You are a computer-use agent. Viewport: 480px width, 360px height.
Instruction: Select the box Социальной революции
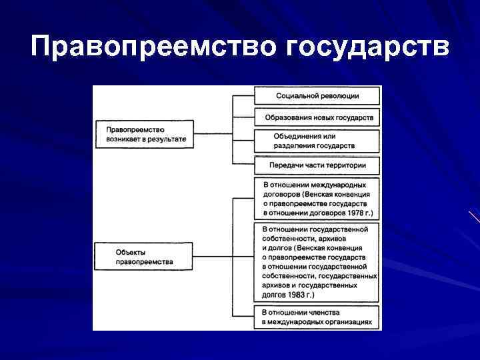pyautogui.click(x=317, y=95)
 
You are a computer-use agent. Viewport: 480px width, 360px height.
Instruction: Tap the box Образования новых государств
pyautogui.click(x=317, y=118)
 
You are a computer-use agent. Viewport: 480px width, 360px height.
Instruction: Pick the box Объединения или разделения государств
pyautogui.click(x=317, y=141)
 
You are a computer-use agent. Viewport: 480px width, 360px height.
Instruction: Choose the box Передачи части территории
pyautogui.click(x=317, y=164)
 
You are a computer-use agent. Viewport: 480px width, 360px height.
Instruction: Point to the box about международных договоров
pyautogui.click(x=317, y=199)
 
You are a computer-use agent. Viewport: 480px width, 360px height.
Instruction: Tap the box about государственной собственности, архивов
pyautogui.click(x=317, y=262)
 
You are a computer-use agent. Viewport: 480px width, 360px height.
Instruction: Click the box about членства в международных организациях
pyautogui.click(x=317, y=317)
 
